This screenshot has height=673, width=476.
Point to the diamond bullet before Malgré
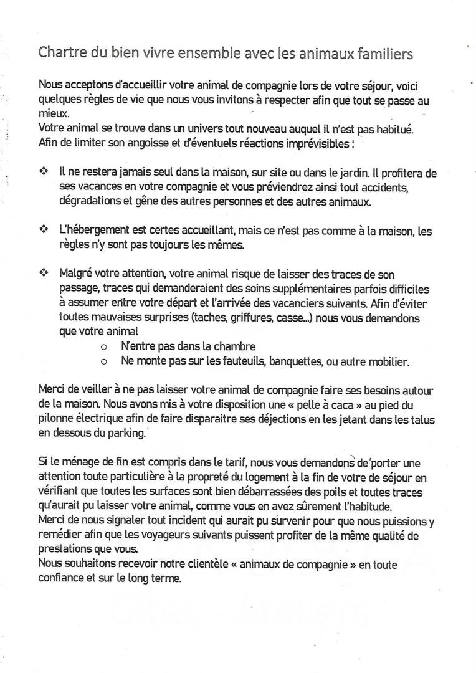tap(44, 273)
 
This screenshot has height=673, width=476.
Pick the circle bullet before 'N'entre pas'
tap(103, 346)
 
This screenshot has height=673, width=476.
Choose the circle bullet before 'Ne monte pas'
tap(103, 361)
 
